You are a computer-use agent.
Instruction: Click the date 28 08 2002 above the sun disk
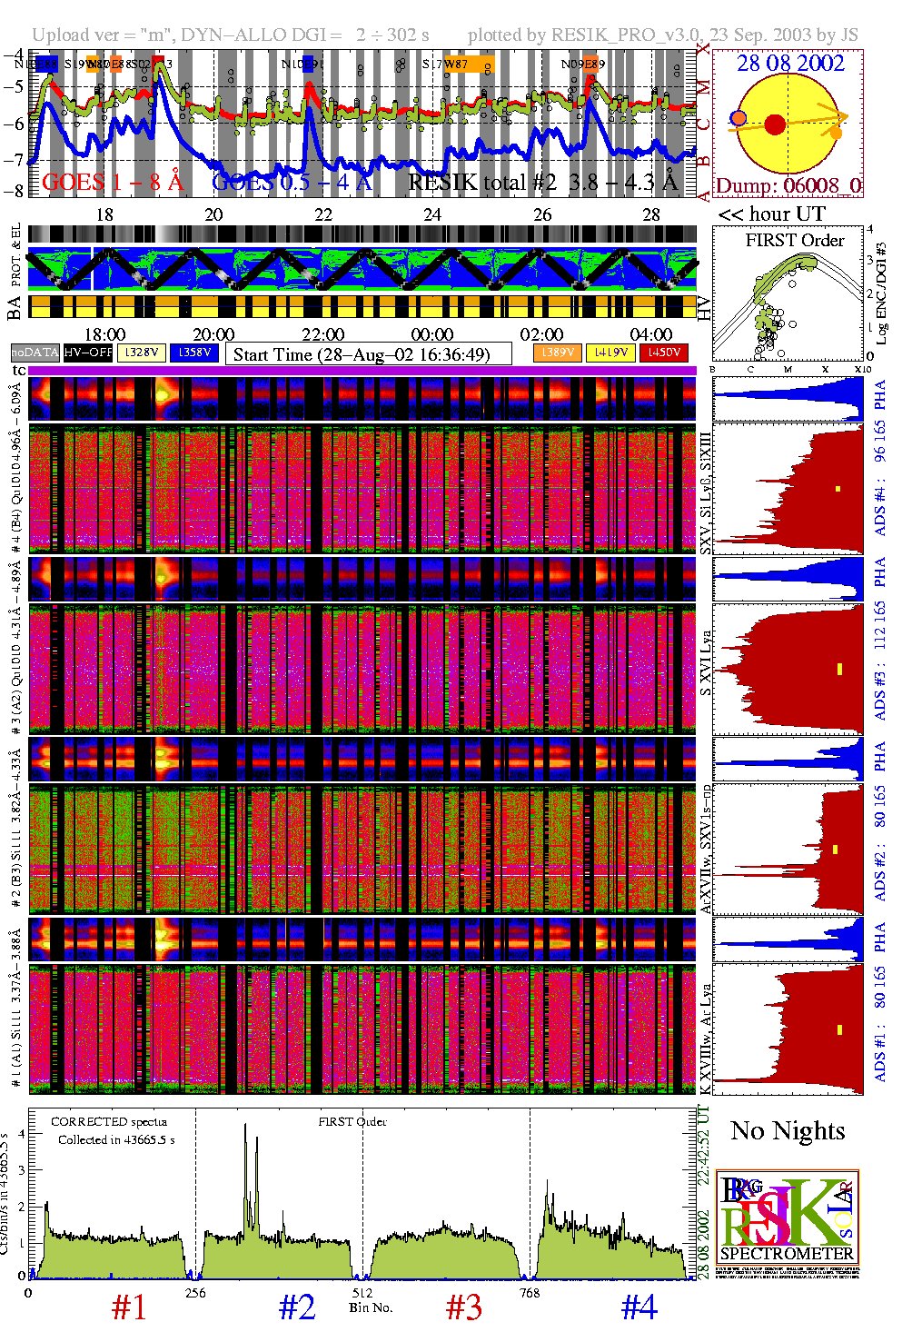tap(790, 64)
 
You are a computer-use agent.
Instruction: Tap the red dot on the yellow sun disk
tap(775, 124)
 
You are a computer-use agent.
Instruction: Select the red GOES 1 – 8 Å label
tap(113, 183)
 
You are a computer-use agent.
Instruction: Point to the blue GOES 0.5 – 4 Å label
tap(292, 183)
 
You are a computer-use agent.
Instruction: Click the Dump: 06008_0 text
tap(788, 186)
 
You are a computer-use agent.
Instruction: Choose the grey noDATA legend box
tap(35, 353)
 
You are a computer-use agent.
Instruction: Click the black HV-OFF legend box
tap(88, 353)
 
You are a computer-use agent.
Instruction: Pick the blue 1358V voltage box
tap(194, 353)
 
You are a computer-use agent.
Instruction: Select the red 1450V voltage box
tap(664, 353)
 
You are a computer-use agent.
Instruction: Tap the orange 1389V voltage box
tap(557, 353)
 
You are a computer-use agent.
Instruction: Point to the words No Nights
tap(788, 1131)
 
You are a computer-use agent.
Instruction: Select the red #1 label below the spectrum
tap(128, 1307)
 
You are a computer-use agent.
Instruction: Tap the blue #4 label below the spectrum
tap(639, 1307)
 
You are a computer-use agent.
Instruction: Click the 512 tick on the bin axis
tap(362, 1293)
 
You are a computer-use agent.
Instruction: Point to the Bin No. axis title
tap(371, 1307)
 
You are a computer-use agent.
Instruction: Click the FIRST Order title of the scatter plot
tap(795, 241)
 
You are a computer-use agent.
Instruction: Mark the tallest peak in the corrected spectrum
tap(244, 1127)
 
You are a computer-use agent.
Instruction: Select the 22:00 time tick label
tap(322, 334)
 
